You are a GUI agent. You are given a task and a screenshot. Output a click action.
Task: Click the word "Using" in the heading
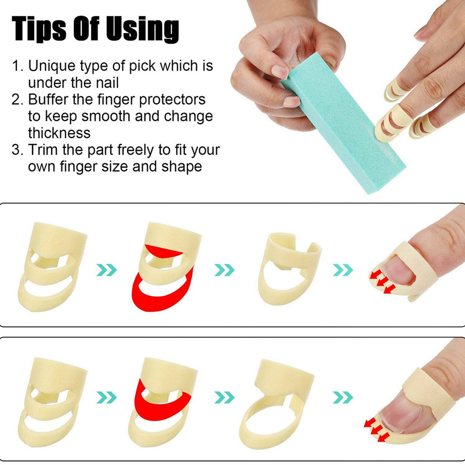[x=143, y=30]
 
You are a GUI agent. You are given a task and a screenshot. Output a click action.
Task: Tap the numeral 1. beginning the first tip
[x=18, y=65]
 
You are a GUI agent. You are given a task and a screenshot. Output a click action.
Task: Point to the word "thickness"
[x=59, y=133]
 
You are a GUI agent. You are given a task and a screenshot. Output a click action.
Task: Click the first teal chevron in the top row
[x=107, y=270]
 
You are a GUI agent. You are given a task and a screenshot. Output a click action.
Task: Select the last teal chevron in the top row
[x=343, y=270]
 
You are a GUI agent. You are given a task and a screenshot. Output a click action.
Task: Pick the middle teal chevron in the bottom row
[x=224, y=398]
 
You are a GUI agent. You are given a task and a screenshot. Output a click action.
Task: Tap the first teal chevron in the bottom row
[x=107, y=398]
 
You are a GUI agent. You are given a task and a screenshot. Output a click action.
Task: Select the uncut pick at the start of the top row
[x=52, y=267]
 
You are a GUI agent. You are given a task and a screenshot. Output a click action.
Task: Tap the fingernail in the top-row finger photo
[x=399, y=270]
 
